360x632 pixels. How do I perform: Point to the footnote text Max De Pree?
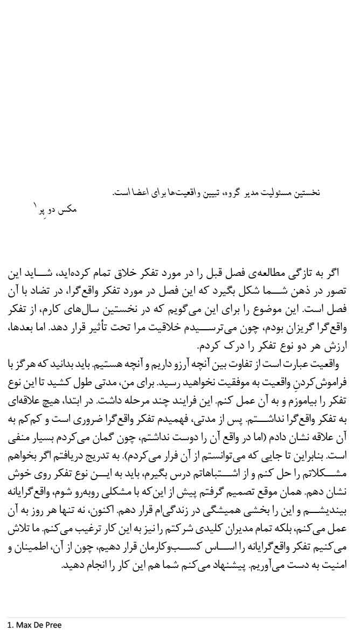point(38,625)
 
